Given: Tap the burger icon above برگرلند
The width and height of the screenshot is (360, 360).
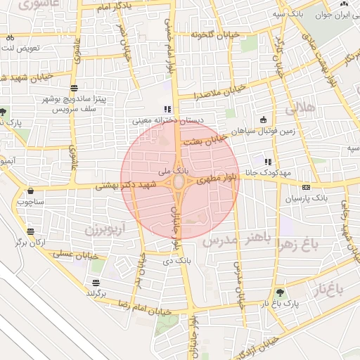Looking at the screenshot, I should (95, 283).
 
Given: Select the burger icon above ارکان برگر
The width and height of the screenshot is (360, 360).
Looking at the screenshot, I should (30, 231).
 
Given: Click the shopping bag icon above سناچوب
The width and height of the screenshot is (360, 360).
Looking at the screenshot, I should (30, 191).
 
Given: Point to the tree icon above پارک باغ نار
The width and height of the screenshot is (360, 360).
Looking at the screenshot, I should (281, 292).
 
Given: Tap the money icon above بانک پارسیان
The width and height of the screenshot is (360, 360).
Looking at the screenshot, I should (306, 187).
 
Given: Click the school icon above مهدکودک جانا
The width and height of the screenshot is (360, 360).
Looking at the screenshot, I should (267, 161).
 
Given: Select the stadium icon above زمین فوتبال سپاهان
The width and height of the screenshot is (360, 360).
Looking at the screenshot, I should (263, 120).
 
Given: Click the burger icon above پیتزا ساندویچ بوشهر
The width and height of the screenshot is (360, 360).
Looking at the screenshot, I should (74, 88).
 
